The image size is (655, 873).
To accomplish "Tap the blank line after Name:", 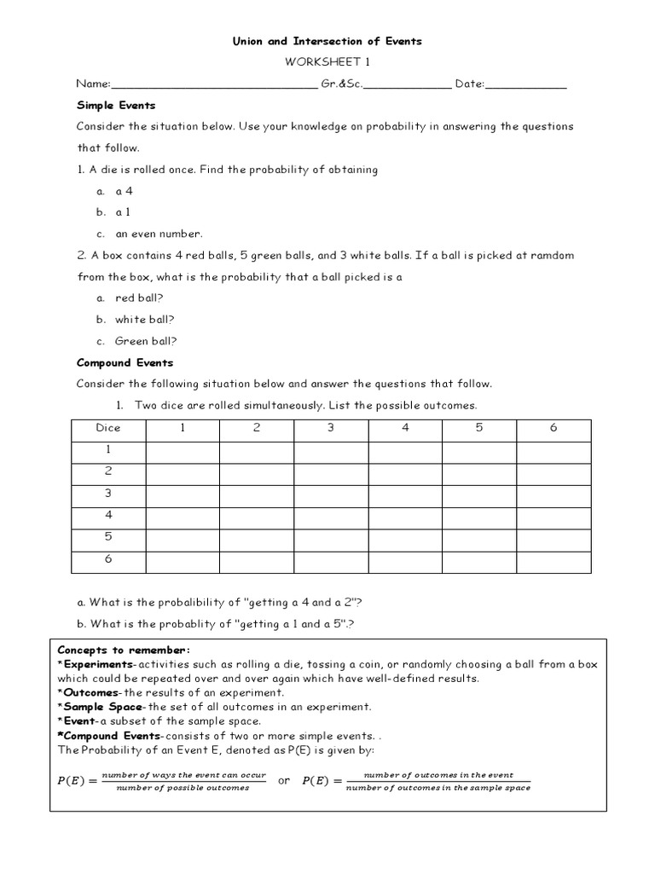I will pos(213,84).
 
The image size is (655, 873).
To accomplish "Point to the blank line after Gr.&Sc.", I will pos(408,84).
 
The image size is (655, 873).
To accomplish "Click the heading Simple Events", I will pos(116,105).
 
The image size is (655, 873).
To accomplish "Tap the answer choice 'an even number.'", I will pos(159,234).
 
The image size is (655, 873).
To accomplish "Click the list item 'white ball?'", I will pos(145,319).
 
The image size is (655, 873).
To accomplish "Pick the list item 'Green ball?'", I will pos(146,341).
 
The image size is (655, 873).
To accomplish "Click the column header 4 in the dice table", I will pos(406,428).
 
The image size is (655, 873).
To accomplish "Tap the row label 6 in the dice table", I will pos(108,560).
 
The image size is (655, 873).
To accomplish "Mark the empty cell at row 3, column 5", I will pos(479,494).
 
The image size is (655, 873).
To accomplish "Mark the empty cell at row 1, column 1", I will pos(183,450).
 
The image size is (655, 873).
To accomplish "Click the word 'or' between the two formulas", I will pos(284,780).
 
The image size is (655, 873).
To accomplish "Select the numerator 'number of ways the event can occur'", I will pos(183,775).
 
